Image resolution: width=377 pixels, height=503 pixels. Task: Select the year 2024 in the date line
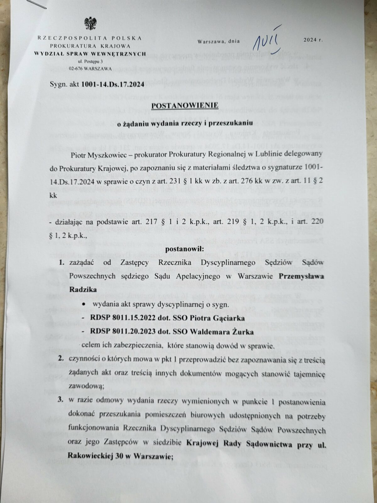click(x=310, y=40)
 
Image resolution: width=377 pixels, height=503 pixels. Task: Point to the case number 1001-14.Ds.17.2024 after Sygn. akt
click(x=112, y=84)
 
